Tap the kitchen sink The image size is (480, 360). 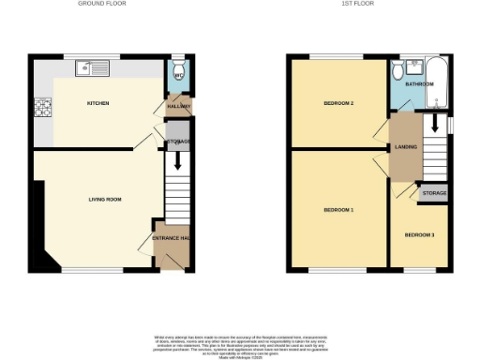(95, 67)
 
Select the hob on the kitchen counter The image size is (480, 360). (42, 107)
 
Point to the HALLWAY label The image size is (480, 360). (178, 106)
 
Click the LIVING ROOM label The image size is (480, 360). (105, 199)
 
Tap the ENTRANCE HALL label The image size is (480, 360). (172, 239)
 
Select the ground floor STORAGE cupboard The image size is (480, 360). (178, 142)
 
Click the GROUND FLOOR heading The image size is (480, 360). (104, 5)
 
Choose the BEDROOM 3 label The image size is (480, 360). (419, 234)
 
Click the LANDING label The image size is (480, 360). (406, 146)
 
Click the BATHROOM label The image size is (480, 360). (421, 84)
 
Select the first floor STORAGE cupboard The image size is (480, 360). (434, 193)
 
